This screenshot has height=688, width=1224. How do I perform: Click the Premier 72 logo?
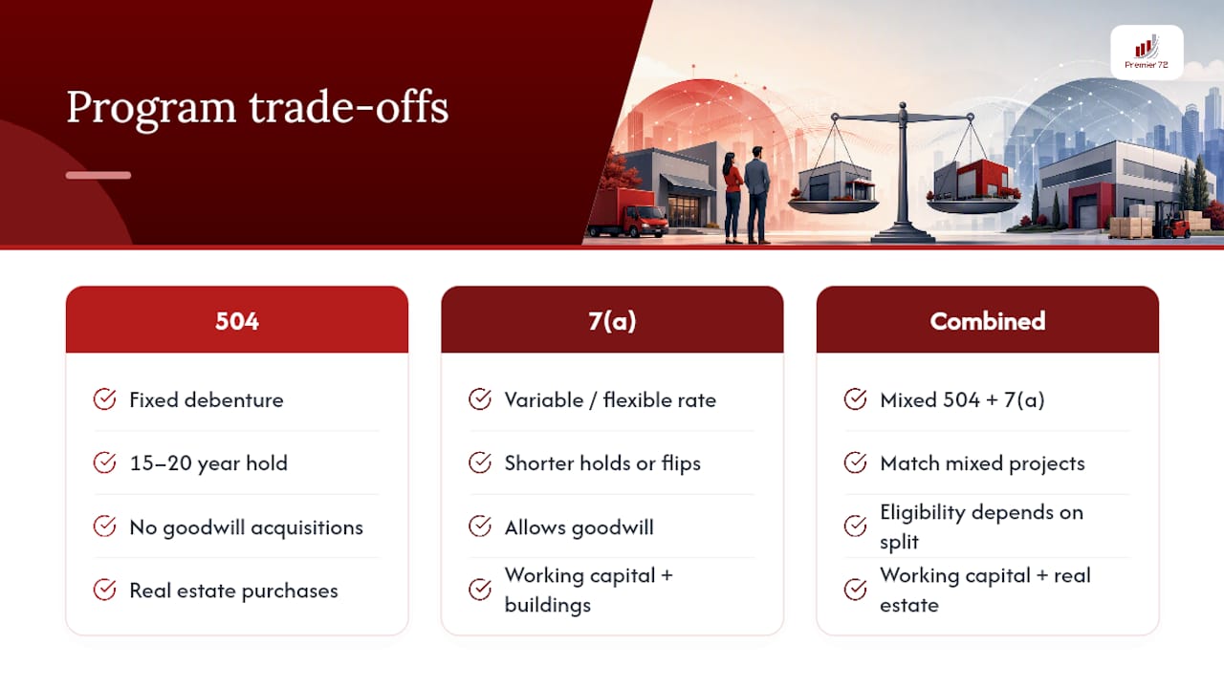[x=1147, y=53]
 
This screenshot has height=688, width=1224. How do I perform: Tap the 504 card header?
[x=236, y=320]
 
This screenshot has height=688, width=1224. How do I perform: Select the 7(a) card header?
[x=612, y=320]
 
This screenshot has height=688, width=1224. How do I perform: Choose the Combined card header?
[x=988, y=320]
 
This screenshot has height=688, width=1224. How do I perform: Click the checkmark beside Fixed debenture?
[x=104, y=399]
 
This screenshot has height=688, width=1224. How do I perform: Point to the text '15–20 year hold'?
[x=208, y=463]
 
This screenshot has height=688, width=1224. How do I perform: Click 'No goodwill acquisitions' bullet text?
[x=246, y=527]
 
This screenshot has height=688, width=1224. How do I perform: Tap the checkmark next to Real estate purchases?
[x=104, y=590]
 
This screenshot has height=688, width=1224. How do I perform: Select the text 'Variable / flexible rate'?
[x=610, y=400]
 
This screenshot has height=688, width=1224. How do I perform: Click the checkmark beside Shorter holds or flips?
[x=480, y=462]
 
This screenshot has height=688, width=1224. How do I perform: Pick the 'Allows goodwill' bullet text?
[x=579, y=527]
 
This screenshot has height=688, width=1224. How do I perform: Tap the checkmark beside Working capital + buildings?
[x=480, y=590]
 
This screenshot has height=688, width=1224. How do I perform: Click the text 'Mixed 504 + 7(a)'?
[x=962, y=400]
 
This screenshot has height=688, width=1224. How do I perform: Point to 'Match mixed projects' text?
[x=982, y=463]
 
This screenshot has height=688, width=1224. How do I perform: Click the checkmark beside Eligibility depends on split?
[x=855, y=527]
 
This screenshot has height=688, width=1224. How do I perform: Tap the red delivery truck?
[x=628, y=213]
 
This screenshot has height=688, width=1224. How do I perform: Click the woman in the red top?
[x=732, y=198]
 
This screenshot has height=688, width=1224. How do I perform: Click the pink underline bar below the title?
[x=98, y=175]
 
